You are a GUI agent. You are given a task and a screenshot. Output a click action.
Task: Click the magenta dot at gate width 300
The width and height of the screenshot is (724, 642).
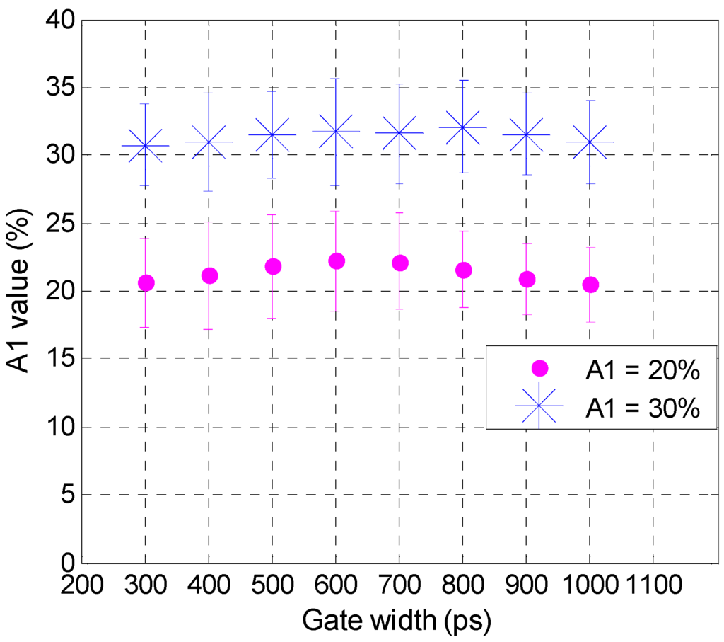pyautogui.click(x=146, y=283)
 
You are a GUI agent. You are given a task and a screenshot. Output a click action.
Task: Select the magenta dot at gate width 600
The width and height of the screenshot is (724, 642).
pyautogui.click(x=337, y=261)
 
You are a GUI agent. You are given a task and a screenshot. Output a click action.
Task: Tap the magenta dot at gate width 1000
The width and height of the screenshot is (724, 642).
pyautogui.click(x=590, y=285)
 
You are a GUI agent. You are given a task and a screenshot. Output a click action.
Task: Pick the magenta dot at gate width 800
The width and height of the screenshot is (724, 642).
pyautogui.click(x=464, y=270)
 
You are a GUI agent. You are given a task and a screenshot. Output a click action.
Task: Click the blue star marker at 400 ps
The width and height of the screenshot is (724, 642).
pyautogui.click(x=209, y=142)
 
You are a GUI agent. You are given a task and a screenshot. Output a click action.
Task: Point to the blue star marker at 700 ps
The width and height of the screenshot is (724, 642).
pyautogui.click(x=399, y=133)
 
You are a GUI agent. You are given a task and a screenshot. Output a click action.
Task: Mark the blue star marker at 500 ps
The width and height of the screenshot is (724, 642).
pyautogui.click(x=273, y=134)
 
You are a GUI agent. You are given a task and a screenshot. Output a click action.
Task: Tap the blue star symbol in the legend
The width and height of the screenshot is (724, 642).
pyautogui.click(x=539, y=406)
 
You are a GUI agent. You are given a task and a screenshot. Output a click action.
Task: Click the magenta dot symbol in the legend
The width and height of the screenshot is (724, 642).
pyautogui.click(x=539, y=368)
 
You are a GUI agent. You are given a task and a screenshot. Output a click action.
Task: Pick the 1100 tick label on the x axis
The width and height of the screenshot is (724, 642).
pyautogui.click(x=652, y=586)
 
